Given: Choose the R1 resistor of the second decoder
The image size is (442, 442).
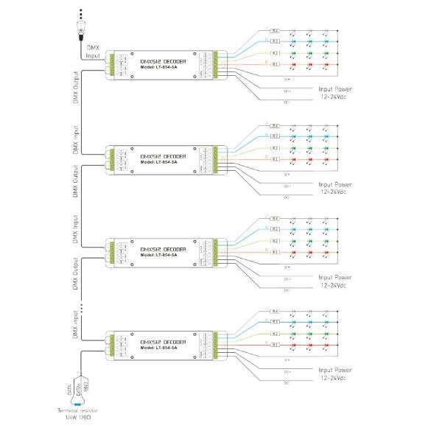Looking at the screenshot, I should pos(274,159).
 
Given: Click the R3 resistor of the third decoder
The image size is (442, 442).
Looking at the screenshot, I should pos(274,229).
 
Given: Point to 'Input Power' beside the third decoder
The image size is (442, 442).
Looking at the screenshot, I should pos(335,278).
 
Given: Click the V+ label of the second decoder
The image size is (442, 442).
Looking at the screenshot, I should pos(287,174).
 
